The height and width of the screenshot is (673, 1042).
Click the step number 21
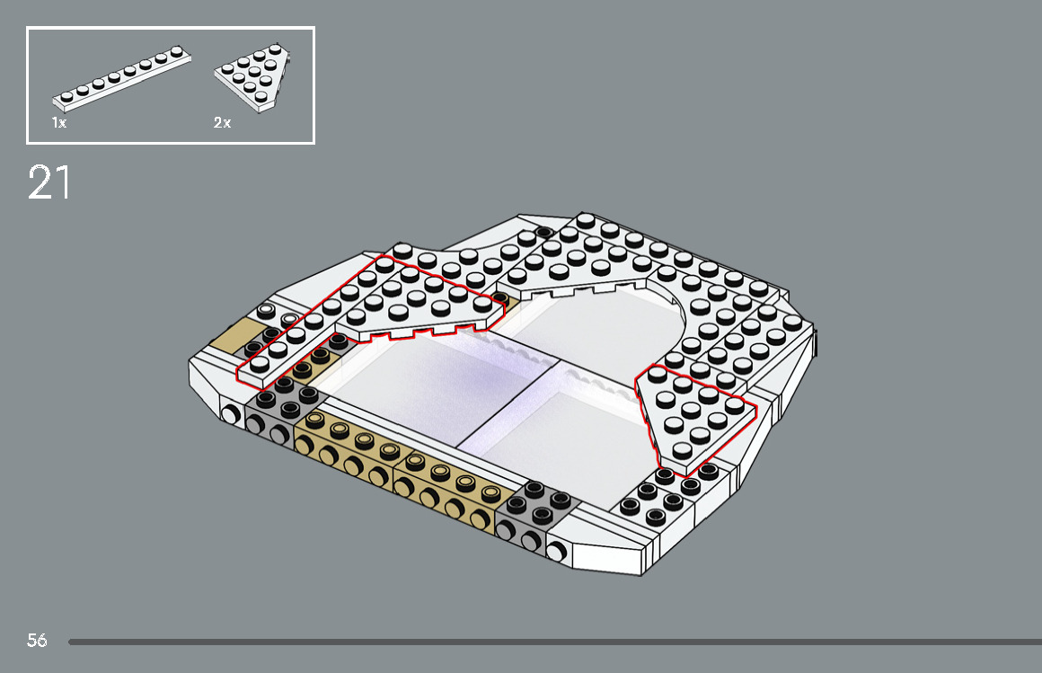point(49,182)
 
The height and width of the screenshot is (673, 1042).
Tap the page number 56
point(37,641)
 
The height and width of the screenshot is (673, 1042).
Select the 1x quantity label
point(59,123)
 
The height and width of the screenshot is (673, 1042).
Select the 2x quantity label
point(222,123)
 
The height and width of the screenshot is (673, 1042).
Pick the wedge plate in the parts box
point(255,76)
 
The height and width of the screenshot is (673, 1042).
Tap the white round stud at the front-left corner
point(231,414)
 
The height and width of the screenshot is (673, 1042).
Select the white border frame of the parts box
point(171,28)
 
